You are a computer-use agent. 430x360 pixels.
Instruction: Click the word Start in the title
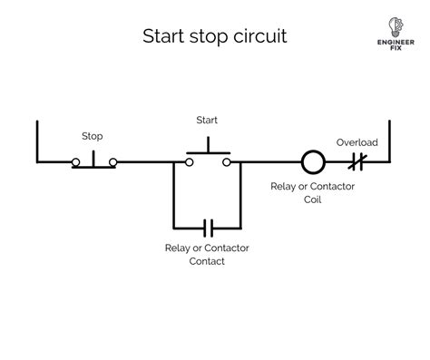[x=163, y=36]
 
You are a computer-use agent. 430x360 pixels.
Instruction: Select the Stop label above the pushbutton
[x=93, y=136]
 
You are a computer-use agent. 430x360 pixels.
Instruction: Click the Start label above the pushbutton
[x=207, y=120]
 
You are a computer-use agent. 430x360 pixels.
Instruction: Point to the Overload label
[x=357, y=142]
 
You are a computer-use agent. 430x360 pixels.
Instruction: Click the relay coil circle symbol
[x=313, y=162]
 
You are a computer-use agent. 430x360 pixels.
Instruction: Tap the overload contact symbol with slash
[x=357, y=162]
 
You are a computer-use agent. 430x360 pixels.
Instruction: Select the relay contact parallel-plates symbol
[x=208, y=229]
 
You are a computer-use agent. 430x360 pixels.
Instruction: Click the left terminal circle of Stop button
[x=75, y=162]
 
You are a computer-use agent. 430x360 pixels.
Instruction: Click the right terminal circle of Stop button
[x=113, y=162]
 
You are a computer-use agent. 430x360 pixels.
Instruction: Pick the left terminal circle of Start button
[x=190, y=162]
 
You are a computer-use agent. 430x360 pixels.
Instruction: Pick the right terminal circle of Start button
[x=227, y=162]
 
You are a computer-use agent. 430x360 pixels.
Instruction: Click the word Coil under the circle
[x=313, y=199]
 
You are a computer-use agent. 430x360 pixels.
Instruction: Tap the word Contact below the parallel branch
[x=207, y=261]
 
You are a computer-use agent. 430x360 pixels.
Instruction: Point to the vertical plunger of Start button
[x=208, y=144]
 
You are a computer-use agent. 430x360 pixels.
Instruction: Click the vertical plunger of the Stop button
[x=93, y=159]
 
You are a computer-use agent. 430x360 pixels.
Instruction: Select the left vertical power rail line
[x=37, y=141]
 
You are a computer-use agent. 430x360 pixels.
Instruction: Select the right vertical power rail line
[x=389, y=141]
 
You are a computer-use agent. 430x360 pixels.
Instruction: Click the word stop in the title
[x=209, y=37]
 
